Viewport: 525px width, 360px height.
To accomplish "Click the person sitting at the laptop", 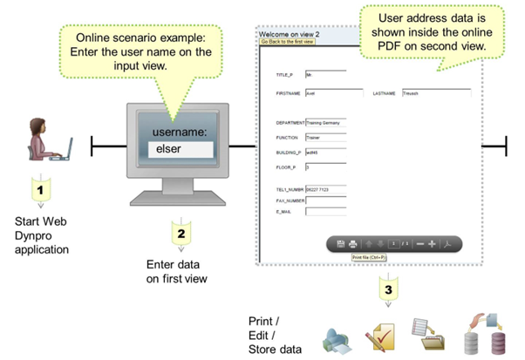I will (x=48, y=139).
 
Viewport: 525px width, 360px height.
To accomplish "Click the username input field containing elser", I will (x=181, y=150).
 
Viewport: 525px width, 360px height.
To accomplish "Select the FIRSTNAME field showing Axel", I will (x=325, y=92).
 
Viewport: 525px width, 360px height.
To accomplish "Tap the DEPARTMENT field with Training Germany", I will (x=325, y=123).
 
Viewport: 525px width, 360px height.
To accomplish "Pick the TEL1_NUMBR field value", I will (x=325, y=188).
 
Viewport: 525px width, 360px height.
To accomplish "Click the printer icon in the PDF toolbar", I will (x=353, y=244).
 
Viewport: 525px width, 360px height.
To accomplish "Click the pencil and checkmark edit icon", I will (x=384, y=336).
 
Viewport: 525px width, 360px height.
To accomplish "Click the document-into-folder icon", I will (x=431, y=335).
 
